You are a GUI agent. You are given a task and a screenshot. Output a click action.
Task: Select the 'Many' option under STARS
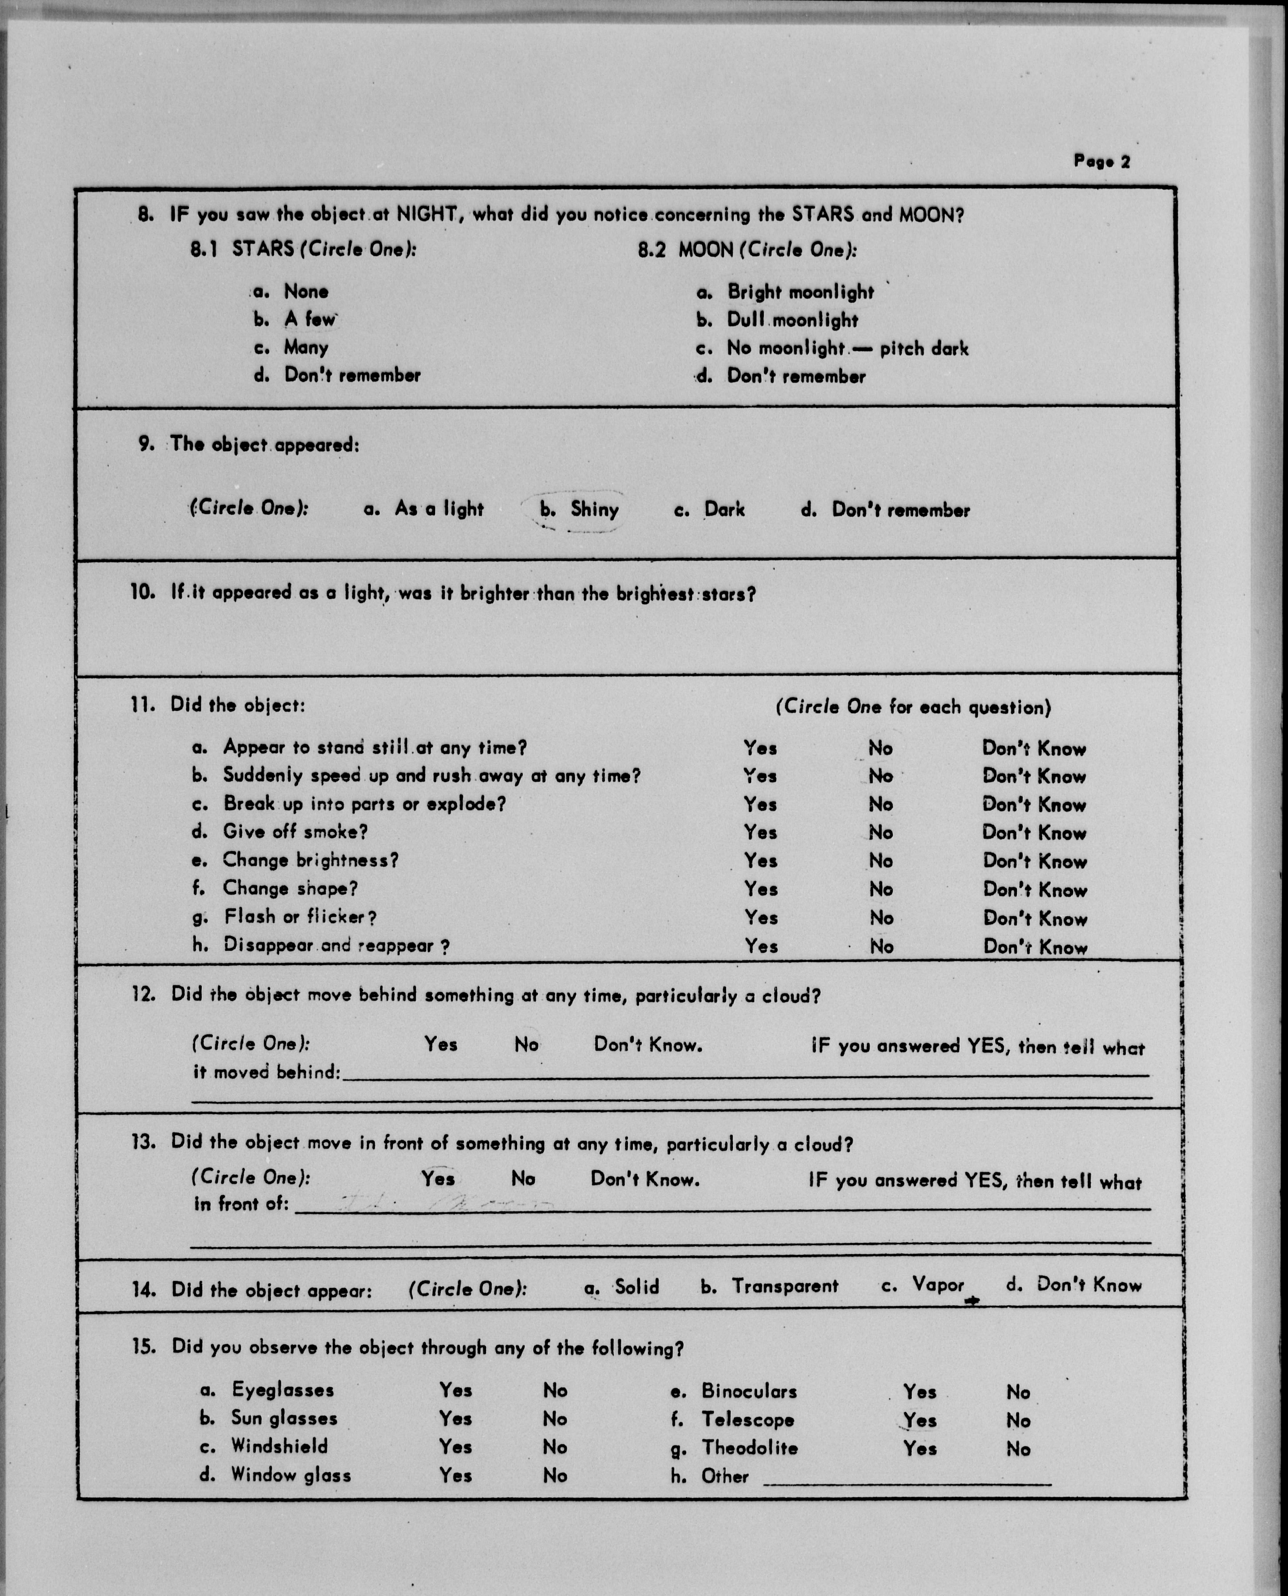[x=306, y=347]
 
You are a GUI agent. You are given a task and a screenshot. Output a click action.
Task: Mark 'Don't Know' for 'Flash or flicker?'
[x=1034, y=918]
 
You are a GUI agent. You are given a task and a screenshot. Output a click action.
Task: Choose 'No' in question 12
[x=526, y=1045]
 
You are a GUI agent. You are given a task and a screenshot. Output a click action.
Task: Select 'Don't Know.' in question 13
[x=645, y=1179]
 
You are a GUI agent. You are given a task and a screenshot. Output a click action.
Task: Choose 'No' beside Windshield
[x=554, y=1447]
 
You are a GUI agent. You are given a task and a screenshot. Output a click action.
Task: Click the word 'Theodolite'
[x=749, y=1448]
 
